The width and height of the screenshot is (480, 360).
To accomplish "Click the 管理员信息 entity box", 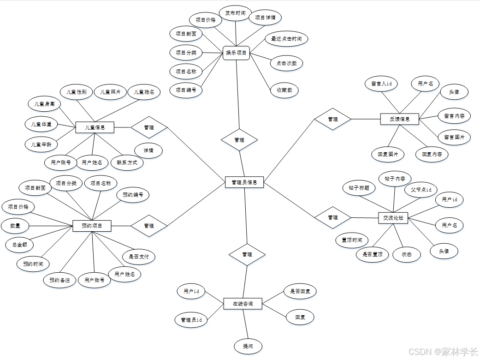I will (244, 182).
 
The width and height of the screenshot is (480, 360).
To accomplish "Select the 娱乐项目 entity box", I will (236, 53).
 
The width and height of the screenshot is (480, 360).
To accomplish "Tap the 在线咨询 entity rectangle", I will (243, 304).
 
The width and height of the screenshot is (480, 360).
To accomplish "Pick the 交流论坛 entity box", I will (393, 217).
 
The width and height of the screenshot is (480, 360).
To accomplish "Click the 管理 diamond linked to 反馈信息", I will (332, 119).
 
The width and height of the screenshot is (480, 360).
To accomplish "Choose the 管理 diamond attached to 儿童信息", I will (149, 127).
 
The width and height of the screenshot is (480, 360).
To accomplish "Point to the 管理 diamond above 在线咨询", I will (247, 254).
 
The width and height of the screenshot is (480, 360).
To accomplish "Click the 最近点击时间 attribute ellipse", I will (286, 39).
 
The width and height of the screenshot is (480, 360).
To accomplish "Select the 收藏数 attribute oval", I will (284, 90).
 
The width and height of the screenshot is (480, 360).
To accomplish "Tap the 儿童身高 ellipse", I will (44, 104).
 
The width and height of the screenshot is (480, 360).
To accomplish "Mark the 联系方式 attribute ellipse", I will (127, 162).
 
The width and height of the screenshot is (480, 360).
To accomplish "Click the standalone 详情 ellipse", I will (148, 150).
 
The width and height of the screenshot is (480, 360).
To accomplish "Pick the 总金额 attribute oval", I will (19, 244).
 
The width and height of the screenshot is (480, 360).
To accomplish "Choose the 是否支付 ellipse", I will (138, 256).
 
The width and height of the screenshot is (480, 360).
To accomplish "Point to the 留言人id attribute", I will (381, 84).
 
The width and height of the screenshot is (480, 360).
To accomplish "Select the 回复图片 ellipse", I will (388, 154).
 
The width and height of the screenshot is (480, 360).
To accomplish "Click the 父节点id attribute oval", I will (421, 190).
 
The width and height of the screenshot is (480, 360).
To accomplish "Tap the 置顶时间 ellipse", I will (352, 240).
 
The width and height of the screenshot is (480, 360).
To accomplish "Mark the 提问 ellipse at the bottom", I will (248, 346).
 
